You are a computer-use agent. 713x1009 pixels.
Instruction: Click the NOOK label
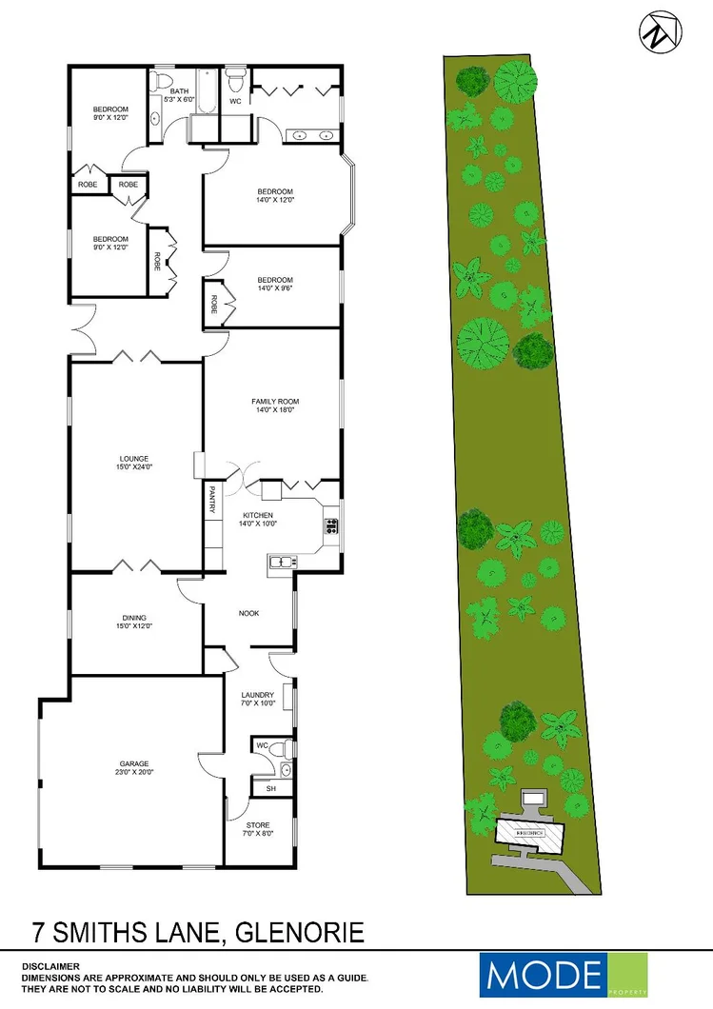point(249,613)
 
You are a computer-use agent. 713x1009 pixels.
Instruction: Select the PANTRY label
point(211,500)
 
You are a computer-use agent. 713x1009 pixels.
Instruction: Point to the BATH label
point(180,91)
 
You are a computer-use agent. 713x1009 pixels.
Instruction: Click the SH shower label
point(271,789)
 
